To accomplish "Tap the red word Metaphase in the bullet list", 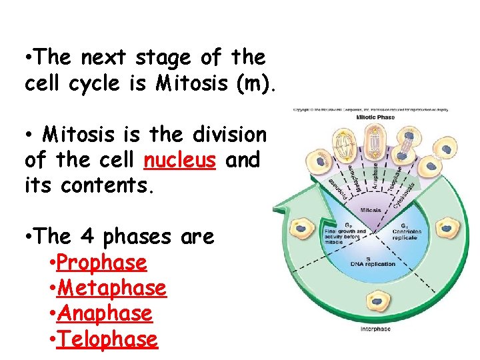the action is pos(112,288).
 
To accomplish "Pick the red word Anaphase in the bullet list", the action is pos(105,313).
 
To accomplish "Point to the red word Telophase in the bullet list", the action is pos(107,339).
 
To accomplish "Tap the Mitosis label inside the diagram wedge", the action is pos(371,209).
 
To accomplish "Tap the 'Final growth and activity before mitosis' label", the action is pos(345,234).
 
